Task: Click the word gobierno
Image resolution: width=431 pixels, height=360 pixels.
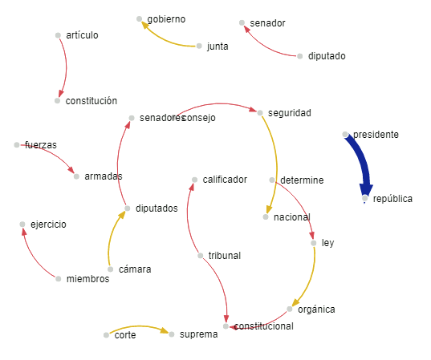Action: point(166,19)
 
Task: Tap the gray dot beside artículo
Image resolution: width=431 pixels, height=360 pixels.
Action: point(58,35)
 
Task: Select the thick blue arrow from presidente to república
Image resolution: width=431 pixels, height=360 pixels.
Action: point(361,163)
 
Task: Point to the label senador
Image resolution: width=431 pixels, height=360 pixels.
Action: point(267,23)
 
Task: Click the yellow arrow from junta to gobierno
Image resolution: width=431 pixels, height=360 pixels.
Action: point(165,39)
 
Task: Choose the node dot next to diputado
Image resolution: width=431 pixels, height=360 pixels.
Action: point(300,56)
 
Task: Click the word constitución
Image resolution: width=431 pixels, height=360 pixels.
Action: point(91,101)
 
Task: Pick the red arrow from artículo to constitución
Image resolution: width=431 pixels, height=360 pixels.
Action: point(67,67)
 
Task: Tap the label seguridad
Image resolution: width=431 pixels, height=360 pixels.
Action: point(290,113)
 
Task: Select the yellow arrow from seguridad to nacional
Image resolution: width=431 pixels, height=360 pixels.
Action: point(277,164)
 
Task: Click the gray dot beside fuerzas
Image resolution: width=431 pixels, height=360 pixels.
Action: point(17,144)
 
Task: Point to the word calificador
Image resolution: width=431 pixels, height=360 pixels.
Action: point(225,180)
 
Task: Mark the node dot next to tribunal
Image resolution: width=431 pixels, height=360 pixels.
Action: point(201,256)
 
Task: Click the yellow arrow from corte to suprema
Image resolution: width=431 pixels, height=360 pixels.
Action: point(139,327)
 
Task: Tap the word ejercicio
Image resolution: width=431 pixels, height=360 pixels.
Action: point(48,224)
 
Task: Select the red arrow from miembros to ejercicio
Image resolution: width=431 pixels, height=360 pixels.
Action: point(34,256)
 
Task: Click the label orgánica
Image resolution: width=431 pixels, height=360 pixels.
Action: point(316,309)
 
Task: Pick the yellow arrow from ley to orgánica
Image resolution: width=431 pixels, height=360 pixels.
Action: point(310,278)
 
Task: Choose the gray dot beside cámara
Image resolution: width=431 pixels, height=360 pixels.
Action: point(110,269)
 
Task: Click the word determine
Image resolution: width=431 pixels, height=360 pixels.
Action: point(302,180)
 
